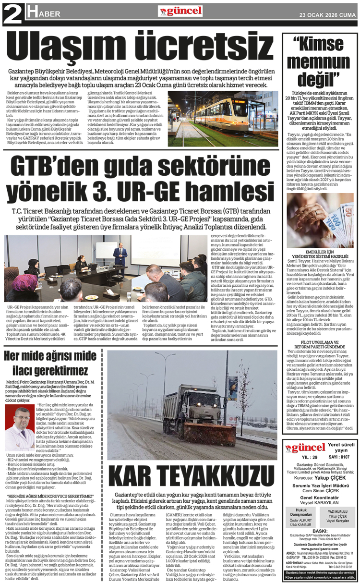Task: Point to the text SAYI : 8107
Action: click(339, 457)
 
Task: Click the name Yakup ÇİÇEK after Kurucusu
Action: click(330, 478)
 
